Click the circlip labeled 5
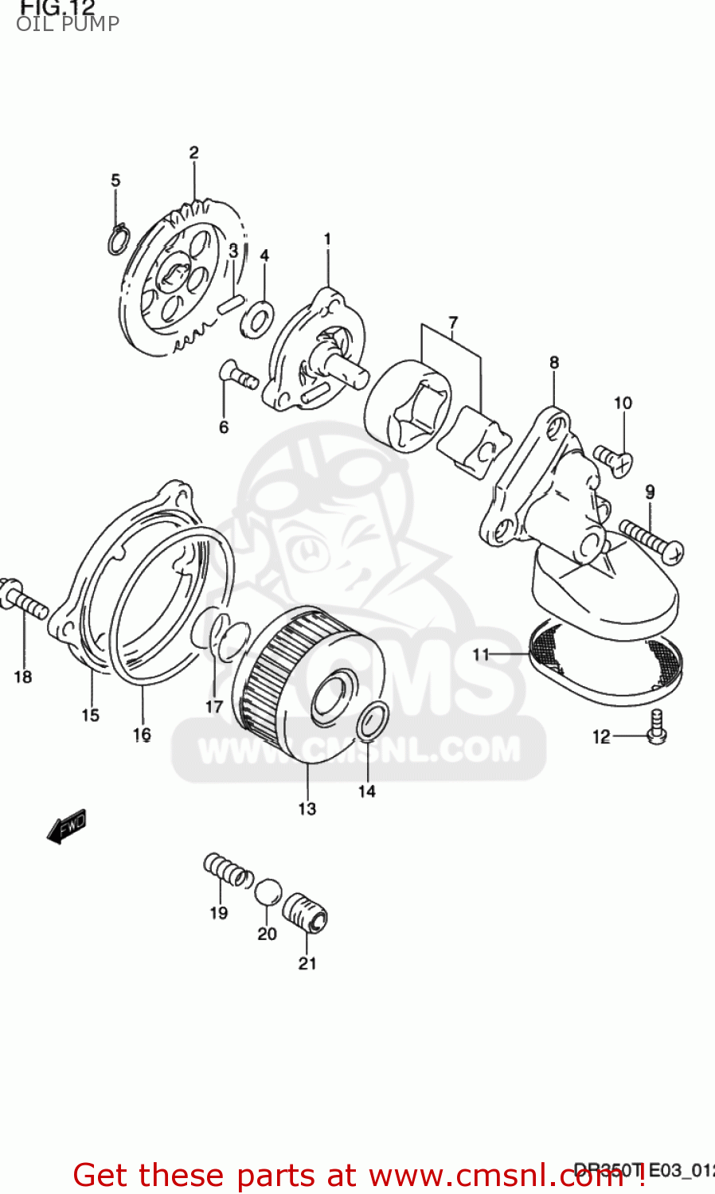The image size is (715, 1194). [118, 239]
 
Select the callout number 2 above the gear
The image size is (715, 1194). [193, 152]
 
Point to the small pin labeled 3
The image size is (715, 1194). [230, 303]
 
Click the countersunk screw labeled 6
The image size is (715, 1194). [237, 376]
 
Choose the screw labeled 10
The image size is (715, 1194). [614, 459]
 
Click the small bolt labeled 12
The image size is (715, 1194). [657, 727]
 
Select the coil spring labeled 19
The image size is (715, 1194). [228, 870]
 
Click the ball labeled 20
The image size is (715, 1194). [268, 892]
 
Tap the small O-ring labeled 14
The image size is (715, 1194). [372, 720]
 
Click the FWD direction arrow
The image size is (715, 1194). [66, 826]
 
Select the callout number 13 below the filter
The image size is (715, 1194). [307, 809]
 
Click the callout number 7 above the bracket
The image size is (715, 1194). [452, 323]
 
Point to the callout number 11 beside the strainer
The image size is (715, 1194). [481, 654]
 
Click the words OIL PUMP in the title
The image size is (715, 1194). [68, 24]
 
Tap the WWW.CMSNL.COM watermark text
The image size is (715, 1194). [359, 750]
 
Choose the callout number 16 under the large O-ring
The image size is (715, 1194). [142, 735]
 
